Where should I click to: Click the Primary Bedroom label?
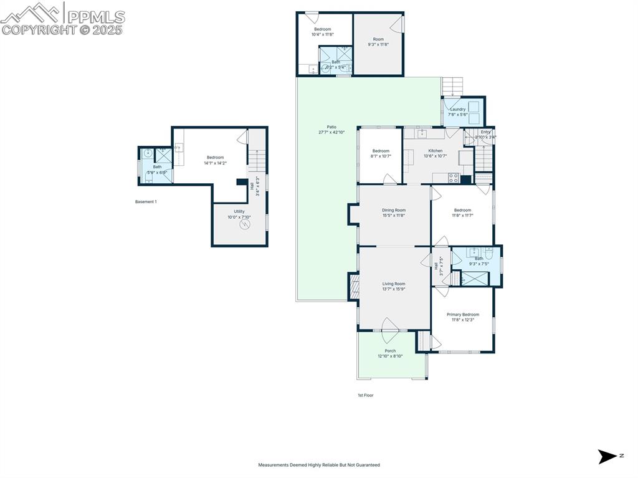tap(462, 315)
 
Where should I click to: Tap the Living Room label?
tap(394, 284)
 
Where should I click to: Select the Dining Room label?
tap(394, 210)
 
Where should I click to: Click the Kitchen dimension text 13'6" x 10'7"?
tap(436, 156)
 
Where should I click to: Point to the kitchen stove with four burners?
tap(454, 178)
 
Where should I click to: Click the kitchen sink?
tap(422, 133)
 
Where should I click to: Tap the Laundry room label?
tap(457, 109)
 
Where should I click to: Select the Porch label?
tap(390, 351)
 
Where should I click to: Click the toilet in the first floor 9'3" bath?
tap(489, 253)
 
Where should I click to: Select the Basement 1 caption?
tap(146, 202)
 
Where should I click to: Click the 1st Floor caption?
tap(366, 395)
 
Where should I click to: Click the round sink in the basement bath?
tap(148, 153)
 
